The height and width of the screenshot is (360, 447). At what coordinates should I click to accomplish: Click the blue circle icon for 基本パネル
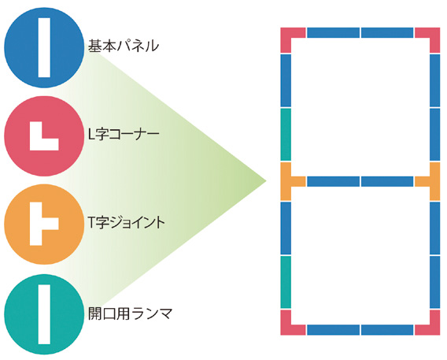(x=44, y=47)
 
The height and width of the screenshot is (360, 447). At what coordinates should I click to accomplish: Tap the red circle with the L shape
(x=44, y=136)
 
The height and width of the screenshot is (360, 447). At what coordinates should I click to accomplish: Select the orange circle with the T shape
(x=44, y=225)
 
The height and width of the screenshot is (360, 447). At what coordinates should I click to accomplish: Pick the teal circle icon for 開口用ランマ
(x=44, y=314)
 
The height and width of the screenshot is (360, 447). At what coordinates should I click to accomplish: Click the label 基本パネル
(x=123, y=46)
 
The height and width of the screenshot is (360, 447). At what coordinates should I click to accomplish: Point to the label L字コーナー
(x=124, y=134)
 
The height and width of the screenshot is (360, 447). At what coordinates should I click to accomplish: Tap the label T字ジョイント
(x=126, y=222)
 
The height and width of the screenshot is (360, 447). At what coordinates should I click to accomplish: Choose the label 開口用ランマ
(x=131, y=314)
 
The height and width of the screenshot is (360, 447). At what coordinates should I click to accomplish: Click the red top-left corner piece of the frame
(x=286, y=33)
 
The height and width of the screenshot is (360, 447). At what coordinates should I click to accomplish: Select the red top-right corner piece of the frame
(x=434, y=33)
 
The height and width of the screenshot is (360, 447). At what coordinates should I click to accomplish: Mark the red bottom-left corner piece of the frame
(x=286, y=330)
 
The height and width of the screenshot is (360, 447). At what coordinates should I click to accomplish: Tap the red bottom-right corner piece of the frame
(x=434, y=330)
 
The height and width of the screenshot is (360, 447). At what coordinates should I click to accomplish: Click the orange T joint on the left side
(x=286, y=181)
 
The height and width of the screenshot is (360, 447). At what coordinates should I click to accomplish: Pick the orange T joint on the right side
(x=434, y=181)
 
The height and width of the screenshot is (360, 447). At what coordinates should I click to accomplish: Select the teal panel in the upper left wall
(x=286, y=135)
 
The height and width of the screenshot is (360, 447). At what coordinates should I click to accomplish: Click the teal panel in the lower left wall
(x=286, y=282)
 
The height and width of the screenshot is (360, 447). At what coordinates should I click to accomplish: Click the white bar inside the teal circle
(x=44, y=314)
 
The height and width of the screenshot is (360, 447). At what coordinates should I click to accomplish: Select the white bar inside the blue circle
(x=44, y=47)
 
